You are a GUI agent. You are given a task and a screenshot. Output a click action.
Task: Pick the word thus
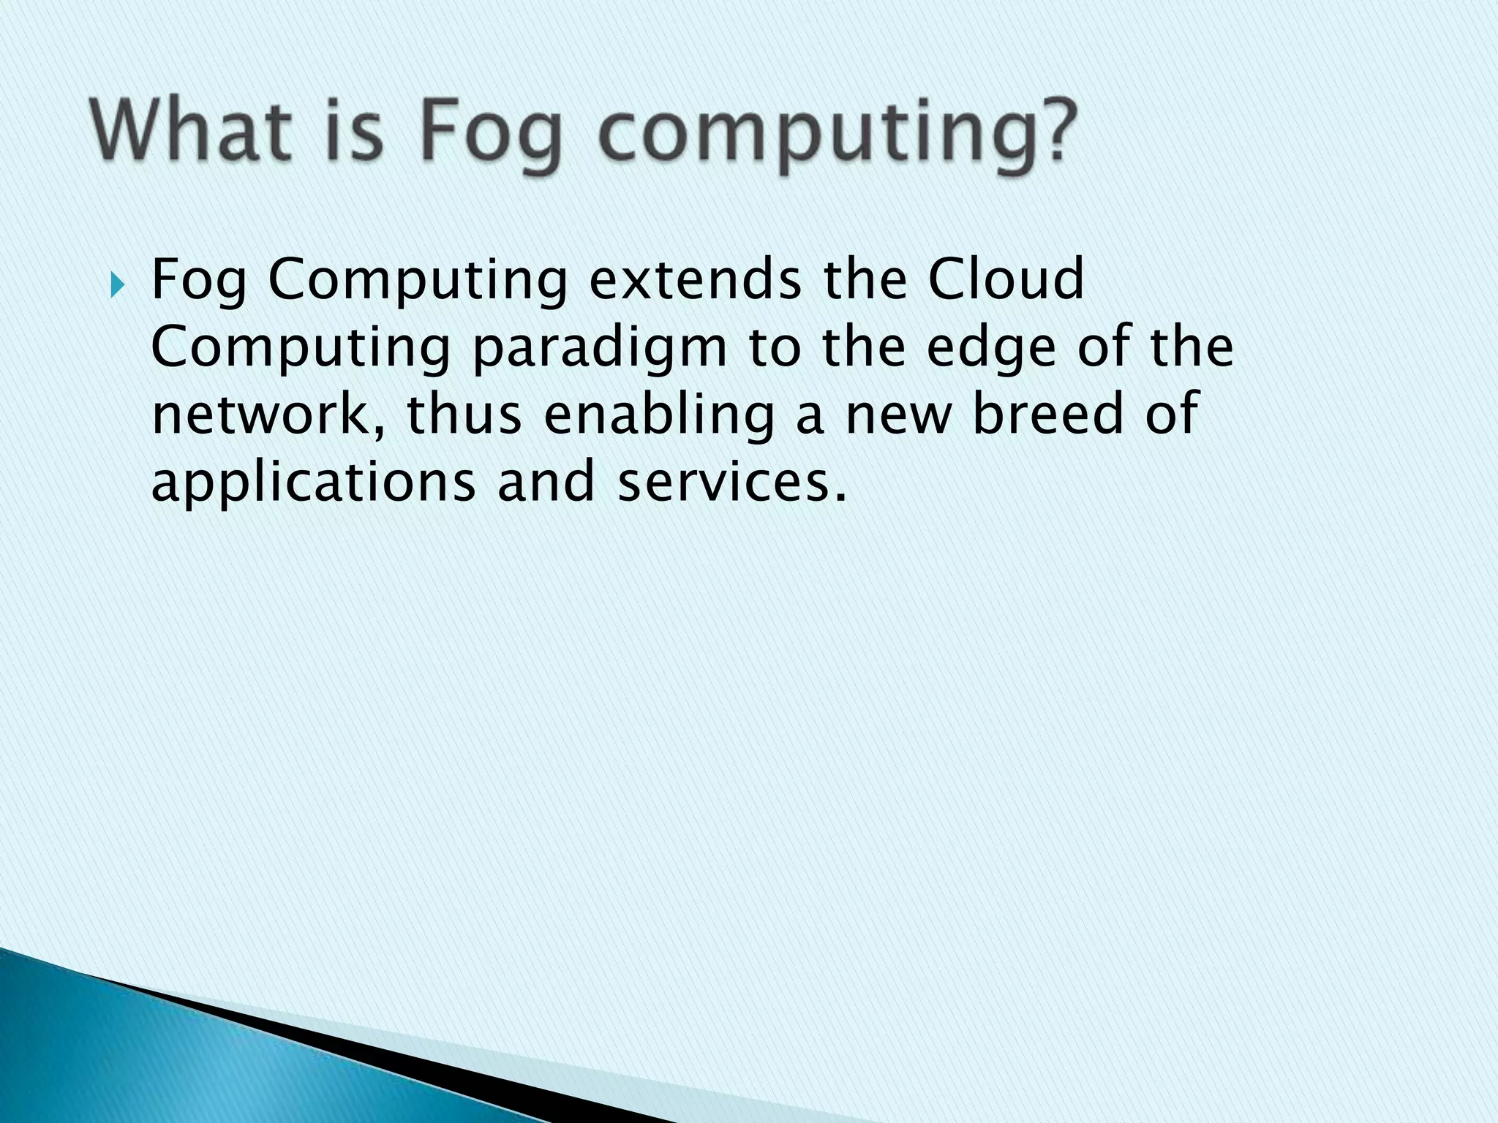pyautogui.click(x=463, y=415)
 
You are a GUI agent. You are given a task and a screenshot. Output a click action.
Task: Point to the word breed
pyautogui.click(x=1047, y=415)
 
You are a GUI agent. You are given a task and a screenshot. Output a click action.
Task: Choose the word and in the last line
pyautogui.click(x=545, y=483)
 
